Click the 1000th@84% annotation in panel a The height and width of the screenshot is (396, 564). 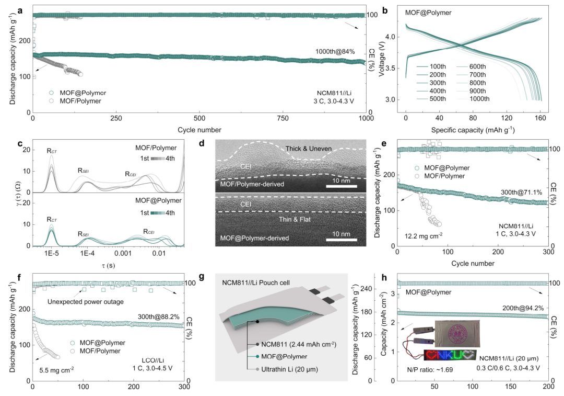point(335,51)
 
